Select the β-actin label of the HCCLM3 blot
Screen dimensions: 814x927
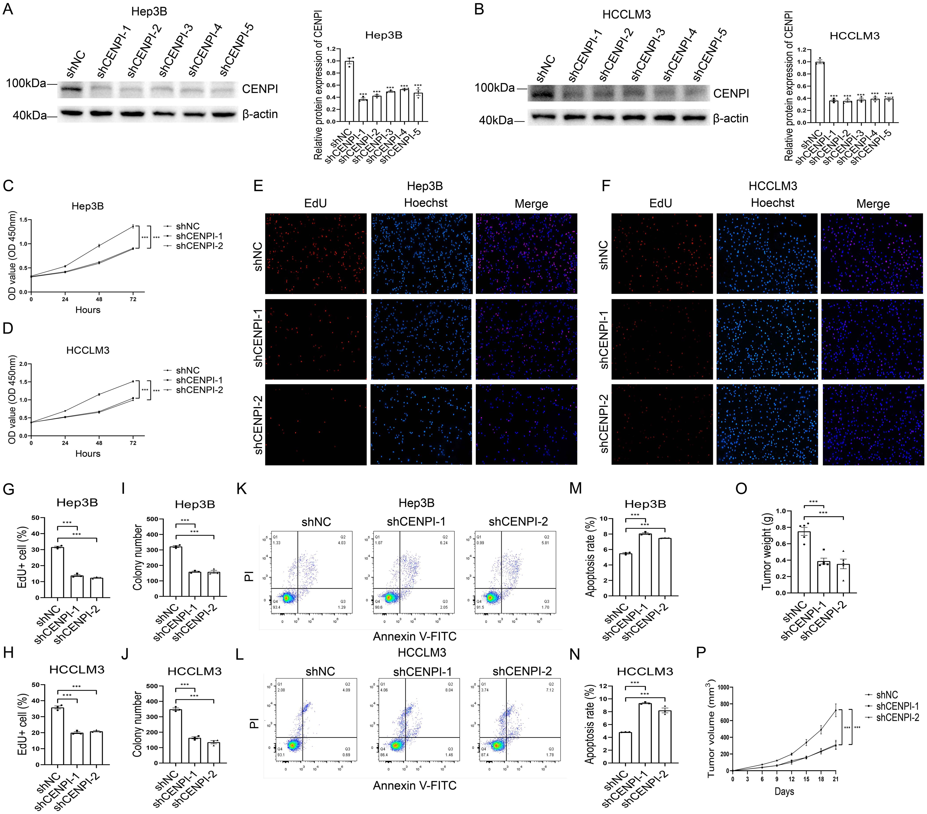point(730,119)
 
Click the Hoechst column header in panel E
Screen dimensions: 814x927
point(425,203)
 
